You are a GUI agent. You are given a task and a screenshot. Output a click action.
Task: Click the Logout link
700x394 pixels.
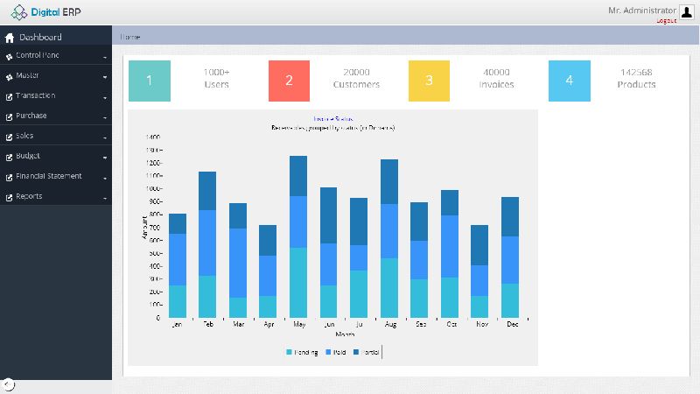[x=666, y=20]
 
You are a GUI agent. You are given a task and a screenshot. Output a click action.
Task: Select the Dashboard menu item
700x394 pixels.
[x=40, y=38]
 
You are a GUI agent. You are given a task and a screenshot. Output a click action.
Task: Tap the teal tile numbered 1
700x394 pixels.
[x=149, y=81]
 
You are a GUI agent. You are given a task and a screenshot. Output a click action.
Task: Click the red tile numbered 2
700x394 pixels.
[x=289, y=81]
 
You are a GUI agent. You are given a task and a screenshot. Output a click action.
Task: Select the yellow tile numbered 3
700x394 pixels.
[x=429, y=81]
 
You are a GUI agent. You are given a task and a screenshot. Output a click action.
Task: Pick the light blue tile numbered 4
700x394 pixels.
[x=569, y=81]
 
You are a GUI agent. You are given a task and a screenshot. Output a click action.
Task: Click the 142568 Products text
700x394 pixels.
[x=636, y=79]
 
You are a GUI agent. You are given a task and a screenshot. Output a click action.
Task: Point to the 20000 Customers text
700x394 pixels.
[x=356, y=79]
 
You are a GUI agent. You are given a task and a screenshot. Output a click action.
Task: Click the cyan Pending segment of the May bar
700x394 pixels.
[x=298, y=282]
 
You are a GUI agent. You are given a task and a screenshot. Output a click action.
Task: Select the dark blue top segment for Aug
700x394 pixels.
[x=389, y=181]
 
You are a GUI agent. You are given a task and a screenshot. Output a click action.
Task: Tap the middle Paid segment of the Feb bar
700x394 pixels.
[x=207, y=243]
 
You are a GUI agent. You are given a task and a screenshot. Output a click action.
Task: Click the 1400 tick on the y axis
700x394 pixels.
[x=152, y=137]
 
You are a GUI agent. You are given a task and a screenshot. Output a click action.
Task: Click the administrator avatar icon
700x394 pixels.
[x=686, y=11]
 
